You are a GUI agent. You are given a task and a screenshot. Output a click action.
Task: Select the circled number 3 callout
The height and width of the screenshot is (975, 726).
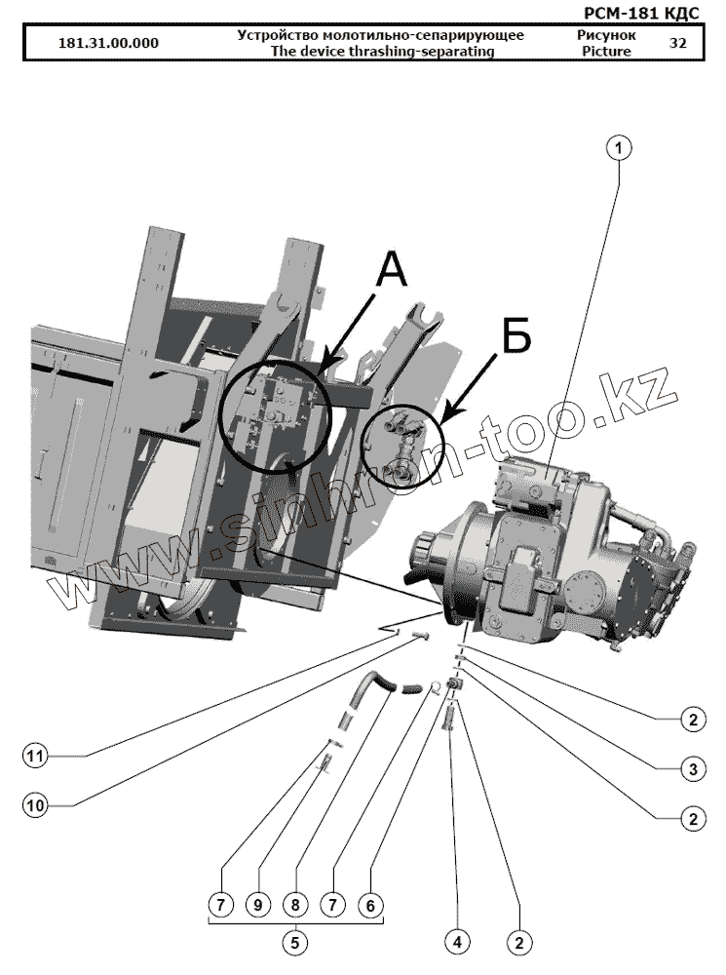[x=692, y=769]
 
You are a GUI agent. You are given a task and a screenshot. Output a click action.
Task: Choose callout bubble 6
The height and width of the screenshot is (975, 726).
[x=369, y=905]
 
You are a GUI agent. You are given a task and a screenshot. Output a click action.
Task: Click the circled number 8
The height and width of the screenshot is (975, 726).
[x=295, y=905]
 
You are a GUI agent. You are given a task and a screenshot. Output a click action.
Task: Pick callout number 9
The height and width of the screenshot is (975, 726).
[x=257, y=905]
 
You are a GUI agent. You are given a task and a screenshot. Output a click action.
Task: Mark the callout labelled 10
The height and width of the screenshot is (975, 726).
[x=36, y=804]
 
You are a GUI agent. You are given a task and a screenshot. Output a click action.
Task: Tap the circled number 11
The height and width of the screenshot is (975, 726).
[x=36, y=756]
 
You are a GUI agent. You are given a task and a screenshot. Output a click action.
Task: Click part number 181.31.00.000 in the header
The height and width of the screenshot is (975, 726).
[x=109, y=44]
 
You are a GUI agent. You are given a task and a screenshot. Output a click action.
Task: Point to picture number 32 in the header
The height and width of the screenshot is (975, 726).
[x=678, y=44]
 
